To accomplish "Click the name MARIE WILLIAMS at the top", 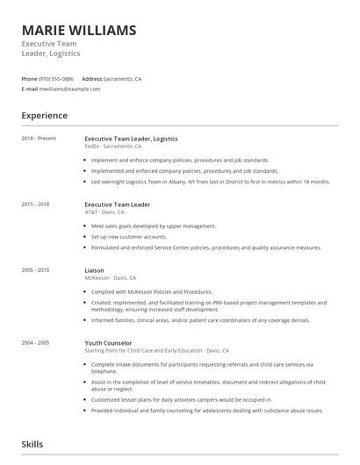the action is click(79, 31).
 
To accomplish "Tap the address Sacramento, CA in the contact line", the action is click(124, 79).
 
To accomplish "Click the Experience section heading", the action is click(45, 116).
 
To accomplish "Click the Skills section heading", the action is click(32, 445).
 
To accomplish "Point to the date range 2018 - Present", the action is click(39, 138).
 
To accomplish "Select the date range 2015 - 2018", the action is click(36, 204).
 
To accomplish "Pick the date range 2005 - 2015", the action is click(36, 270).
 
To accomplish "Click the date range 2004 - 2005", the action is click(36, 342).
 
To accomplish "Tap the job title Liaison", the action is click(94, 270).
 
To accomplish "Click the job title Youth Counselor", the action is click(108, 342).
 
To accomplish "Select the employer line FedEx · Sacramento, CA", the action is click(113, 147).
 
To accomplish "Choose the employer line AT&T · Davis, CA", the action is click(104, 212).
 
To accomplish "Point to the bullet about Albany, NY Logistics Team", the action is click(210, 182).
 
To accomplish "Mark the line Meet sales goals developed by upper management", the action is click(153, 226).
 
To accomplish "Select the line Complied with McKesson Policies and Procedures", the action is click(151, 291).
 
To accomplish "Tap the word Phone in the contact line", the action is click(29, 79).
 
